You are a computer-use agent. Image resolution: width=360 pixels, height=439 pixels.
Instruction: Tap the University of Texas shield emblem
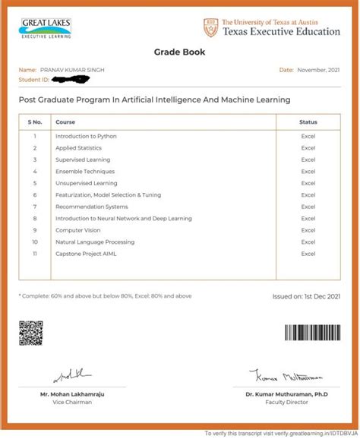point(210,28)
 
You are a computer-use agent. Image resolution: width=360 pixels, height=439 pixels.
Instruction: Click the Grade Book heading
point(180,53)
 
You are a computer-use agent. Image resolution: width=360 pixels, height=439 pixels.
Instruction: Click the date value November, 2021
point(318,70)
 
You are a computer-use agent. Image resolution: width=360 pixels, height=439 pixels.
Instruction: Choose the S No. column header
point(35,122)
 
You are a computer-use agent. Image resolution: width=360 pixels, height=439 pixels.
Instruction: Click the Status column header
point(308,122)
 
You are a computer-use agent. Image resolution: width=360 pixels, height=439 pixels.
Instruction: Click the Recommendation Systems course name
point(91,207)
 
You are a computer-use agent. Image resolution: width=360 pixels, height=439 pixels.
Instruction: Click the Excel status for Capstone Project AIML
point(308,253)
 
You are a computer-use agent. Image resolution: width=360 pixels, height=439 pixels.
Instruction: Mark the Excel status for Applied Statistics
point(308,148)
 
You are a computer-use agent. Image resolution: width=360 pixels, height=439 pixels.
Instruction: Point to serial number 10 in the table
point(35,242)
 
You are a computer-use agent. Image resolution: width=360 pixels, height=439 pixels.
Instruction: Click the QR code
point(31,332)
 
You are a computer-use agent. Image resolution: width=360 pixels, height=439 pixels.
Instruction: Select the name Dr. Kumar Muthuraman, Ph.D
point(287,394)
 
